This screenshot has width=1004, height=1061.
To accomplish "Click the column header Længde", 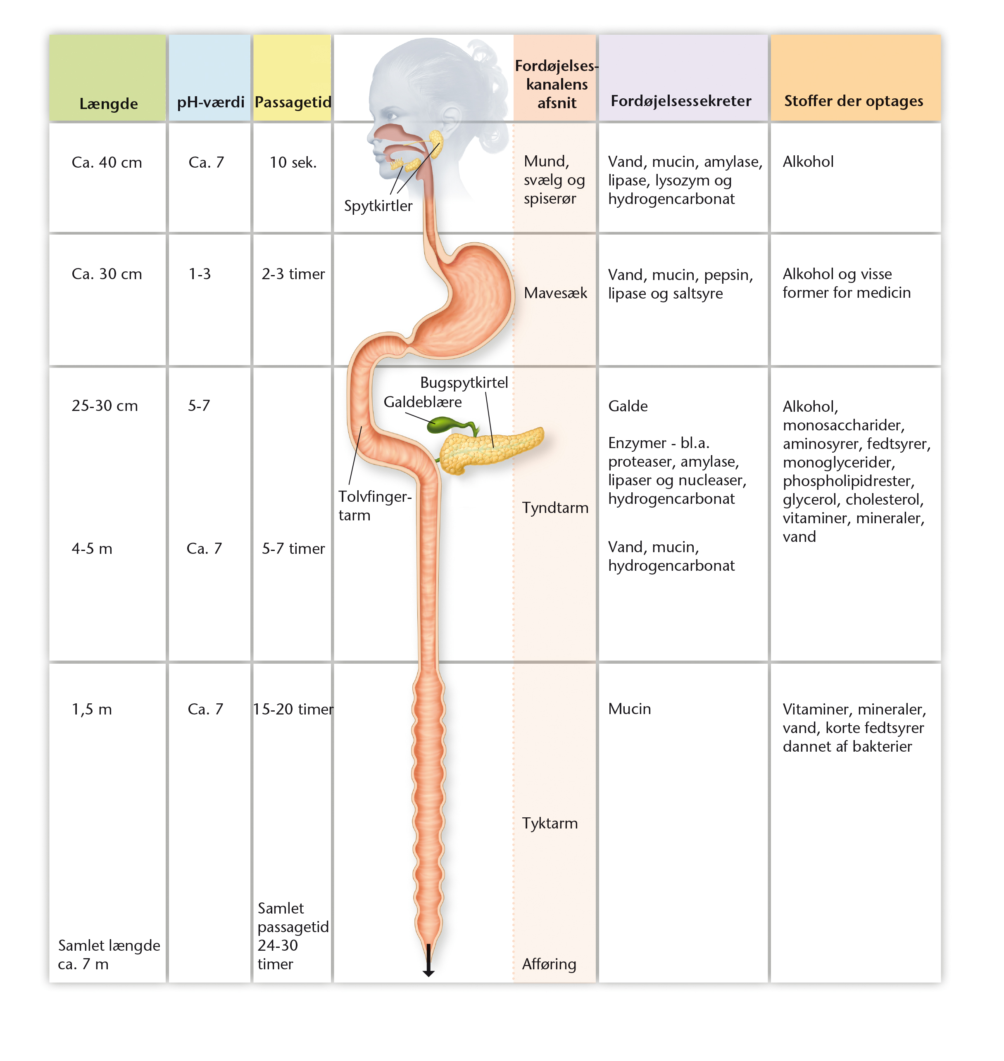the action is click(x=109, y=104).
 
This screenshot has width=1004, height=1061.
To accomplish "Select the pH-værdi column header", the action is click(x=210, y=102).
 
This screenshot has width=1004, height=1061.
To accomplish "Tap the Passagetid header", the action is click(x=293, y=102).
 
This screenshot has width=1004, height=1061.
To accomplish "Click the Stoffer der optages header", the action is click(x=854, y=101).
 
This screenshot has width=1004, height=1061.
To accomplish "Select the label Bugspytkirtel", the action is click(x=464, y=382).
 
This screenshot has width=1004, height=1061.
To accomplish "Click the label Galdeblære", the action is click(x=423, y=402).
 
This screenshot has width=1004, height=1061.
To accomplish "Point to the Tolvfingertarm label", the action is click(x=375, y=506).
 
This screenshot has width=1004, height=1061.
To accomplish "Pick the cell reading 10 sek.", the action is click(x=293, y=162).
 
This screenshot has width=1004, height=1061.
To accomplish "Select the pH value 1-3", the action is click(x=200, y=274).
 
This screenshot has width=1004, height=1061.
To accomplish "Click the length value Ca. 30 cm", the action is click(x=107, y=274).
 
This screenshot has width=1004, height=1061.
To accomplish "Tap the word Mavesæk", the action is click(x=556, y=293).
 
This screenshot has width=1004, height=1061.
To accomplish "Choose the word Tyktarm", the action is click(x=550, y=823).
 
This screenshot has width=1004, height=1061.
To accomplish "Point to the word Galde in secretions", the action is click(x=628, y=406).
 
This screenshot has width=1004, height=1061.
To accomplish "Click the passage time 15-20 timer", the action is click(x=293, y=709).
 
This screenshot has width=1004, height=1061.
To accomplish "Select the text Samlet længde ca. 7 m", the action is click(x=109, y=954).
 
